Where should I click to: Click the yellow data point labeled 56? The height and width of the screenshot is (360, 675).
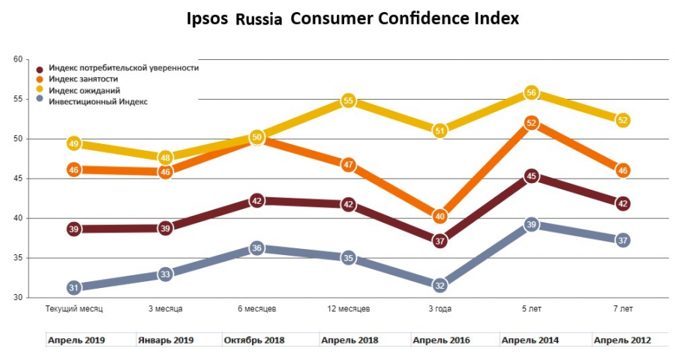point(532,93)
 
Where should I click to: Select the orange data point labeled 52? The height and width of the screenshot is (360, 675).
point(532,123)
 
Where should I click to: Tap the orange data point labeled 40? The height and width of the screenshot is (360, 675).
point(440,217)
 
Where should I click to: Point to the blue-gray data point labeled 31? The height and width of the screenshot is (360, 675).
point(73,287)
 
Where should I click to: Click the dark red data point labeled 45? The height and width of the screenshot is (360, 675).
point(532,177)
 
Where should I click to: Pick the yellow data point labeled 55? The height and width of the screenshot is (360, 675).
point(348,100)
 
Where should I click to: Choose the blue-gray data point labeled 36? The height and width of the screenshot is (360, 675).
point(256,248)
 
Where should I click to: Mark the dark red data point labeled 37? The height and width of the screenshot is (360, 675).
point(440,241)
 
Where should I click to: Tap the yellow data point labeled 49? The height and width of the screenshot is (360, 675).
point(73,143)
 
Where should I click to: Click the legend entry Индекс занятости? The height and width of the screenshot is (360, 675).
point(82,79)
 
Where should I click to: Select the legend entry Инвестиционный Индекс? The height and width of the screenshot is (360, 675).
point(98,101)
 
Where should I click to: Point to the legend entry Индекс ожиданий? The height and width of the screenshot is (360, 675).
point(83,90)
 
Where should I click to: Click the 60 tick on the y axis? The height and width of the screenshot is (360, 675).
point(18,59)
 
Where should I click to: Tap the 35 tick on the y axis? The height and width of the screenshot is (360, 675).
point(18,258)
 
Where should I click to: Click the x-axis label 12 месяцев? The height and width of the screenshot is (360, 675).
point(348,309)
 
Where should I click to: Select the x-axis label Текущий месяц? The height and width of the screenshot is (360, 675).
point(73,309)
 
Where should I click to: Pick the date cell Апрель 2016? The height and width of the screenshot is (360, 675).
point(441,340)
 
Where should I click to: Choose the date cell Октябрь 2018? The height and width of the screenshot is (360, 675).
point(256,340)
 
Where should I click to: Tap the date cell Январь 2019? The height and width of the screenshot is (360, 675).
point(166,340)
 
